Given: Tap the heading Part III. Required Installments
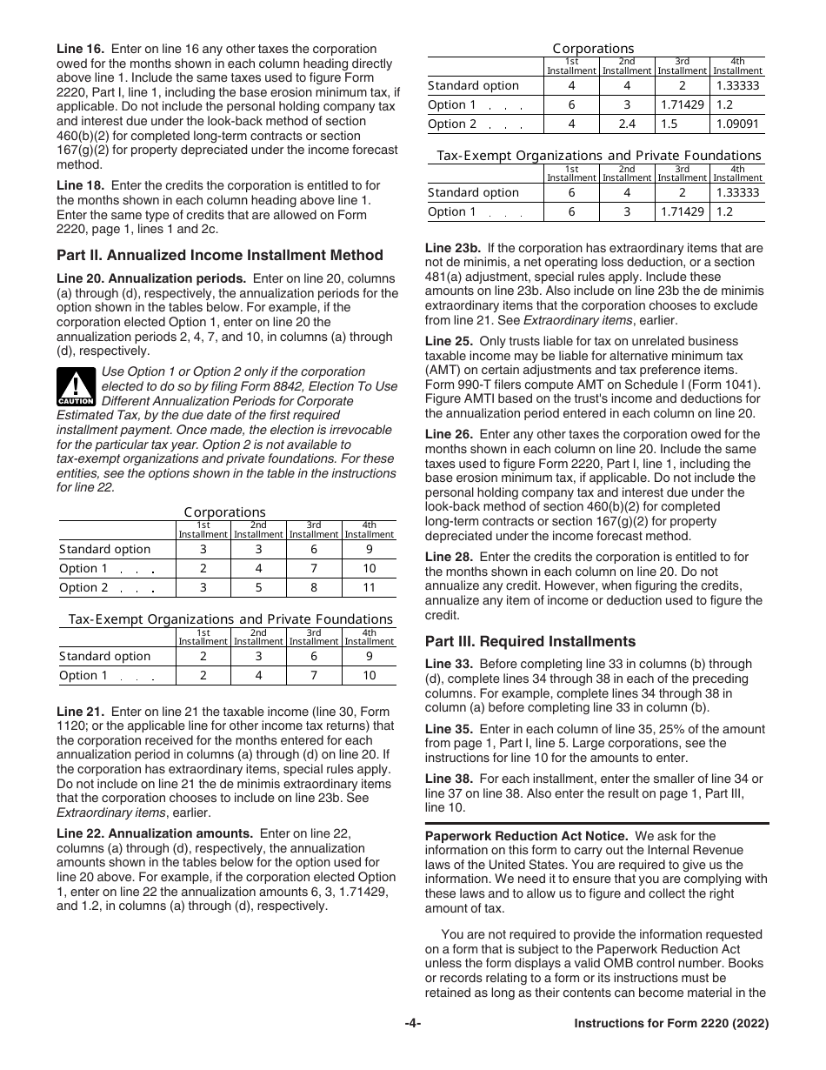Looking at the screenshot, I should click(x=530, y=641).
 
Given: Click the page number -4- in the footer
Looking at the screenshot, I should click(x=413, y=1048).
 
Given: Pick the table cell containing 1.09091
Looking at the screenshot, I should click(x=737, y=124).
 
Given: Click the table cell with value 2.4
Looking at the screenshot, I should click(x=626, y=124).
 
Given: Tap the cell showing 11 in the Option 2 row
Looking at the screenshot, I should click(x=369, y=587).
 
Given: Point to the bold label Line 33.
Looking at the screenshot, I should click(x=449, y=664).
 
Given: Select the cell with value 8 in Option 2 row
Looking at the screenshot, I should click(x=314, y=587).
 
